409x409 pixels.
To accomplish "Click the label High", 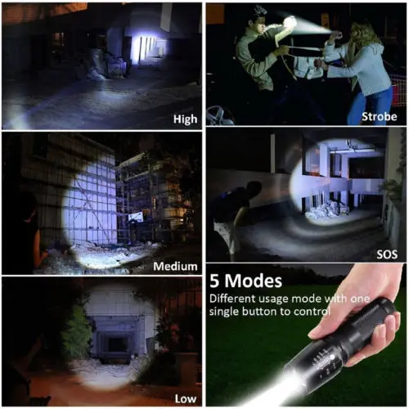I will (x=185, y=119).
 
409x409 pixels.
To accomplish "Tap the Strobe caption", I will (x=381, y=117).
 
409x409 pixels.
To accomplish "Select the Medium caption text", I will (x=175, y=267).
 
